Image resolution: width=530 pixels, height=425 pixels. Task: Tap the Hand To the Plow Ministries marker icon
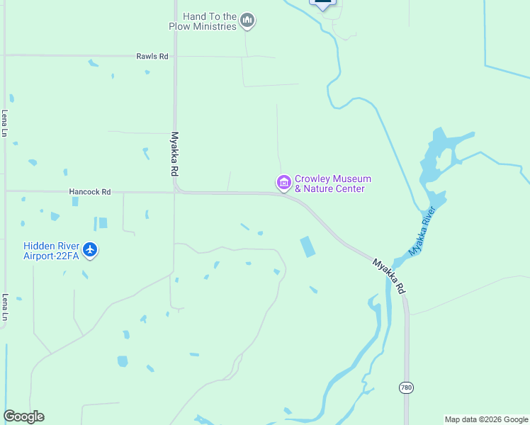pyautogui.click(x=247, y=21)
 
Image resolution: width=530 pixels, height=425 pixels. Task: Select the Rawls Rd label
pyautogui.click(x=152, y=56)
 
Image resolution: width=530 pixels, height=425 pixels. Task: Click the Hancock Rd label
pyautogui.click(x=90, y=191)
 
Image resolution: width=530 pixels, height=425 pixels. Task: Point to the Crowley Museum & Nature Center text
pyautogui.click(x=332, y=184)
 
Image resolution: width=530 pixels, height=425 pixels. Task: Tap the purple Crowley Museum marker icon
pyautogui.click(x=283, y=183)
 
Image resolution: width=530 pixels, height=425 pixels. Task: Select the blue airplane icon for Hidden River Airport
pyautogui.click(x=90, y=249)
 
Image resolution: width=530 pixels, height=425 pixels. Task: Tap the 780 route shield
pyautogui.click(x=406, y=387)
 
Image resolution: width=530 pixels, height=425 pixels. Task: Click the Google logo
pyautogui.click(x=23, y=416)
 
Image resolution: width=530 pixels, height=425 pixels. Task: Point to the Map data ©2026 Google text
pyautogui.click(x=485, y=419)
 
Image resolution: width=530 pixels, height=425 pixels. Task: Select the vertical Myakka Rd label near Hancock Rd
pyautogui.click(x=174, y=154)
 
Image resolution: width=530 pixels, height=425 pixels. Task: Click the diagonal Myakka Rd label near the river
pyautogui.click(x=389, y=276)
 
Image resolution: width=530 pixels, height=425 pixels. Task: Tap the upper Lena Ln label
pyautogui.click(x=4, y=123)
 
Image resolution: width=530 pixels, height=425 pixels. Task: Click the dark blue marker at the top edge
pyautogui.click(x=322, y=3)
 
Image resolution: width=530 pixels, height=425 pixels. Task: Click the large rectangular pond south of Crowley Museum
pyautogui.click(x=308, y=246)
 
